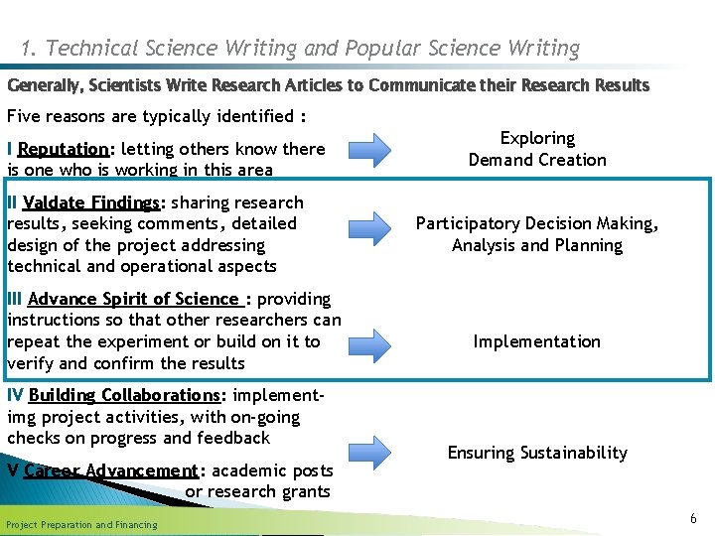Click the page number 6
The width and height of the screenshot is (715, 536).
click(693, 518)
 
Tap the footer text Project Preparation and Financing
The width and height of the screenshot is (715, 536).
click(81, 524)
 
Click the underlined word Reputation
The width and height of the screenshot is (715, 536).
click(63, 149)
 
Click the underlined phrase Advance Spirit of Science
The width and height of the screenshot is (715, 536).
click(135, 299)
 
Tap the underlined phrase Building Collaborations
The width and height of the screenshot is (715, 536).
click(124, 395)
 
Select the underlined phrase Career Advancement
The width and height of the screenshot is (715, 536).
click(111, 470)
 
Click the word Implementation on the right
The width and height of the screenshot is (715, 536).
click(536, 341)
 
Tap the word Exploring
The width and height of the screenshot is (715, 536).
click(537, 138)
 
